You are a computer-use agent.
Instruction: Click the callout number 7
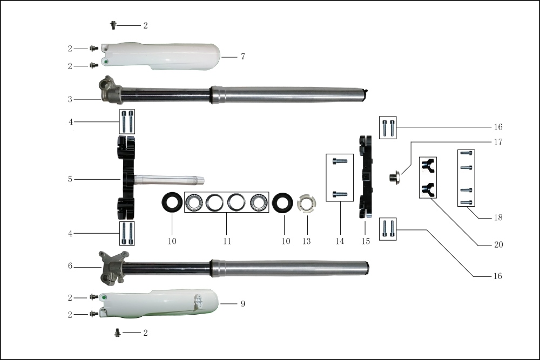[x=243, y=57]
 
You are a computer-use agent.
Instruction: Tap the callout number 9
[x=243, y=304]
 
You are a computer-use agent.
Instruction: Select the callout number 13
[x=307, y=241]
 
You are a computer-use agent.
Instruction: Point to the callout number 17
[x=498, y=142]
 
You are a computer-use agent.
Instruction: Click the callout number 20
[x=498, y=244]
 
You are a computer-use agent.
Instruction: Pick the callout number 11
[x=227, y=241]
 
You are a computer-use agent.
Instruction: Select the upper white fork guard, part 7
[x=162, y=56]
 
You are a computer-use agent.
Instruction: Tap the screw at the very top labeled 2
[x=113, y=25]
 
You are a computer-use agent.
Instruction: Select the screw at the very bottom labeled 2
[x=117, y=332]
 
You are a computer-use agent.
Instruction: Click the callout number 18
[x=498, y=218]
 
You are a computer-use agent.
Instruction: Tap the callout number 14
[x=340, y=241]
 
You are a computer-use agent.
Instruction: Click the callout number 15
[x=366, y=241]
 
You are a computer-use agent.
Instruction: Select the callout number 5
[x=70, y=179]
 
